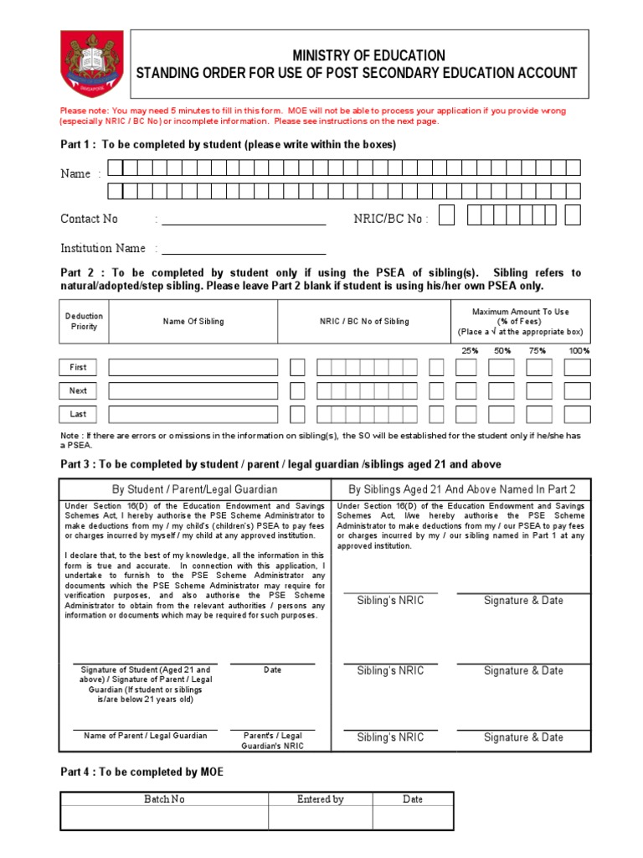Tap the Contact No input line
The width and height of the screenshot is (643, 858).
point(244,220)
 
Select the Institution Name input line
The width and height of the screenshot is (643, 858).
point(244,249)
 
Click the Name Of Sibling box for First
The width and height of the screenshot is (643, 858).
point(193,367)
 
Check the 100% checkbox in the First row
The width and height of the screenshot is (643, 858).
point(577,367)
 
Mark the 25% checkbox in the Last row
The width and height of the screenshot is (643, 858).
point(466,414)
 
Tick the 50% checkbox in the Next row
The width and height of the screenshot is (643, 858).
point(502,390)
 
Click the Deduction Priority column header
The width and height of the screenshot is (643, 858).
point(84,322)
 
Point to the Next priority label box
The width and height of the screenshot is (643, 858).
point(78,390)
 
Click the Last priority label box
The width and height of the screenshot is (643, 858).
point(78,414)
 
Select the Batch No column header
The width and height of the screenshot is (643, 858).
point(164,799)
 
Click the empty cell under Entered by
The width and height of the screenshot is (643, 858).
point(320,818)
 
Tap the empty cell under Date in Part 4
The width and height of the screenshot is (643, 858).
point(413,818)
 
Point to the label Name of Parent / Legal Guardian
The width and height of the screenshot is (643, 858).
point(146,736)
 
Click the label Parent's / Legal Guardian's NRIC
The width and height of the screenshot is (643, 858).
point(272,741)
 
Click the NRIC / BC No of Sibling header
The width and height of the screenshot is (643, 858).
point(364,322)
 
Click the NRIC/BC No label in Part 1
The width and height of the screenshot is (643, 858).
point(391,219)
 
